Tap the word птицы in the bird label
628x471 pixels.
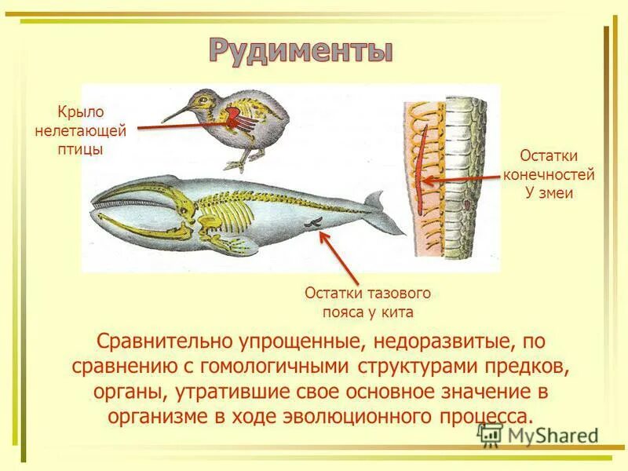tap(79, 148)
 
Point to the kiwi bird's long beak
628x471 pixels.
tap(176, 111)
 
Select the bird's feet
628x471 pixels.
tap(238, 162)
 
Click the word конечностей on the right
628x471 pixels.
tap(549, 174)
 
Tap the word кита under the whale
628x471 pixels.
tap(399, 312)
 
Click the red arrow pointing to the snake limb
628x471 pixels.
tap(463, 178)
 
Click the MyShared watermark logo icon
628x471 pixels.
tap(491, 434)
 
